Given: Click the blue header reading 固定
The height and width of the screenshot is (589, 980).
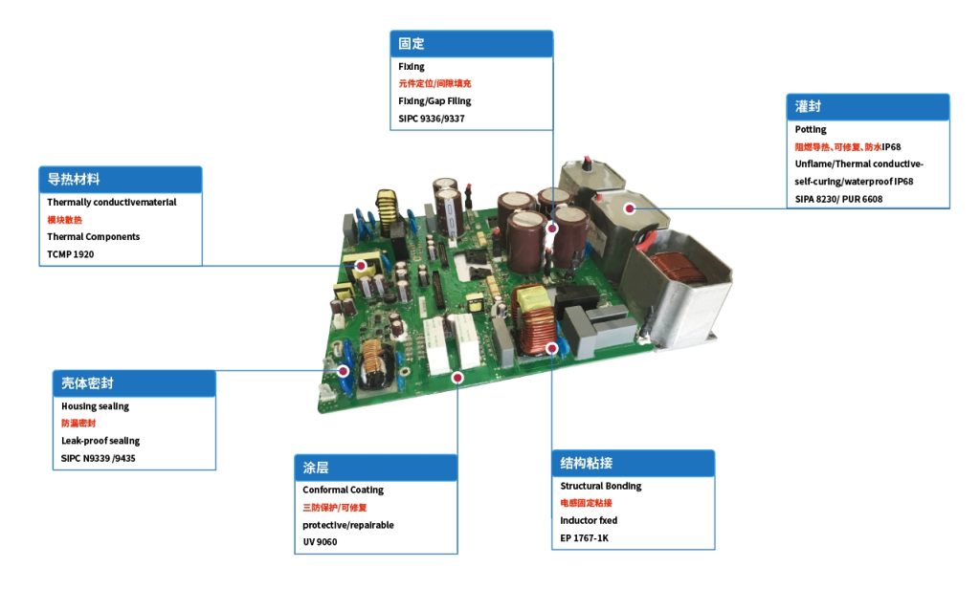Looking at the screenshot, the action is tap(471, 44).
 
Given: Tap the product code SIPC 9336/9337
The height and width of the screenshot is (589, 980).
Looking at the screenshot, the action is tap(432, 119).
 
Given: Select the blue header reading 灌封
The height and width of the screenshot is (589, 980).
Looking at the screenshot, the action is tap(867, 107).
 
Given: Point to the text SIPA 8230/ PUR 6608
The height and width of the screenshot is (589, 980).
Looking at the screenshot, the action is tap(838, 199).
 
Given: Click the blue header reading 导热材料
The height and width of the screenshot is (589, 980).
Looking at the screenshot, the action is tap(120, 179).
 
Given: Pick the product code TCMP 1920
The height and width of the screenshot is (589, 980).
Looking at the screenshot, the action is tap(71, 254).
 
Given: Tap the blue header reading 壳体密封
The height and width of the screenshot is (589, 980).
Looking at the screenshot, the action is tap(134, 383).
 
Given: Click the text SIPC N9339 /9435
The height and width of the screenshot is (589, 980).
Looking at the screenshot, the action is tap(99, 458).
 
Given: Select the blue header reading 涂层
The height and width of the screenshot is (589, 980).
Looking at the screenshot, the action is tap(375, 468).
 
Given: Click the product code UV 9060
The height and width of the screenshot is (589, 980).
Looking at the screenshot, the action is tap(320, 542).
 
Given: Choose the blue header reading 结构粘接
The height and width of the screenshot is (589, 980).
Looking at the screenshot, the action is tap(634, 464).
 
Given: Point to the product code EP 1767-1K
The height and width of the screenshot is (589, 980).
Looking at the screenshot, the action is tap(585, 537).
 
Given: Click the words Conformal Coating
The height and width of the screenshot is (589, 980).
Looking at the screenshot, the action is tap(344, 491).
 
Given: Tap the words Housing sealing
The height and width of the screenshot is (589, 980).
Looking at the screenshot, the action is tap(95, 406).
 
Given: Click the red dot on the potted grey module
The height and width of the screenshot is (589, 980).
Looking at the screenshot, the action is tap(630, 208).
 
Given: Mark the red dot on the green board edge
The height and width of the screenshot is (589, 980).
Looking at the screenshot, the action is tap(457, 378).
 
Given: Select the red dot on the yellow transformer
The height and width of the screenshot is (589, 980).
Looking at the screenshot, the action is tap(361, 266).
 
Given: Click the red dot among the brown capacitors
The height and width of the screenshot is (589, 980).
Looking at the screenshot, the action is tap(552, 229).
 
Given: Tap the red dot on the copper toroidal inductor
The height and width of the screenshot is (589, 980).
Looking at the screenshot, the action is tap(552, 348).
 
